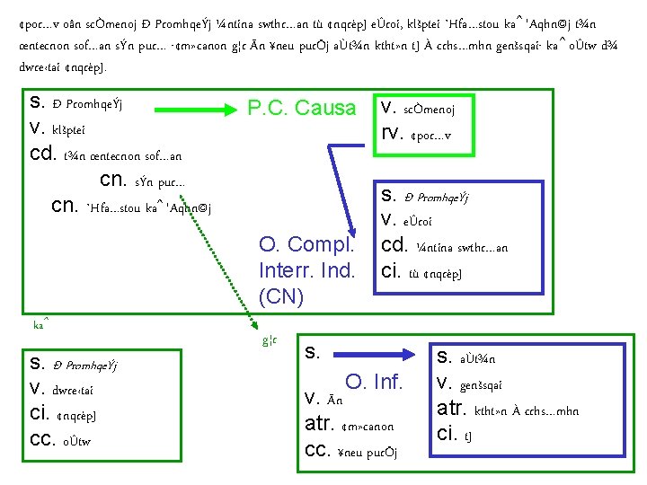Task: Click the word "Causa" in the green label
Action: coord(326,109)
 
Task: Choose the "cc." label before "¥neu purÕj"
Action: coord(320,450)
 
